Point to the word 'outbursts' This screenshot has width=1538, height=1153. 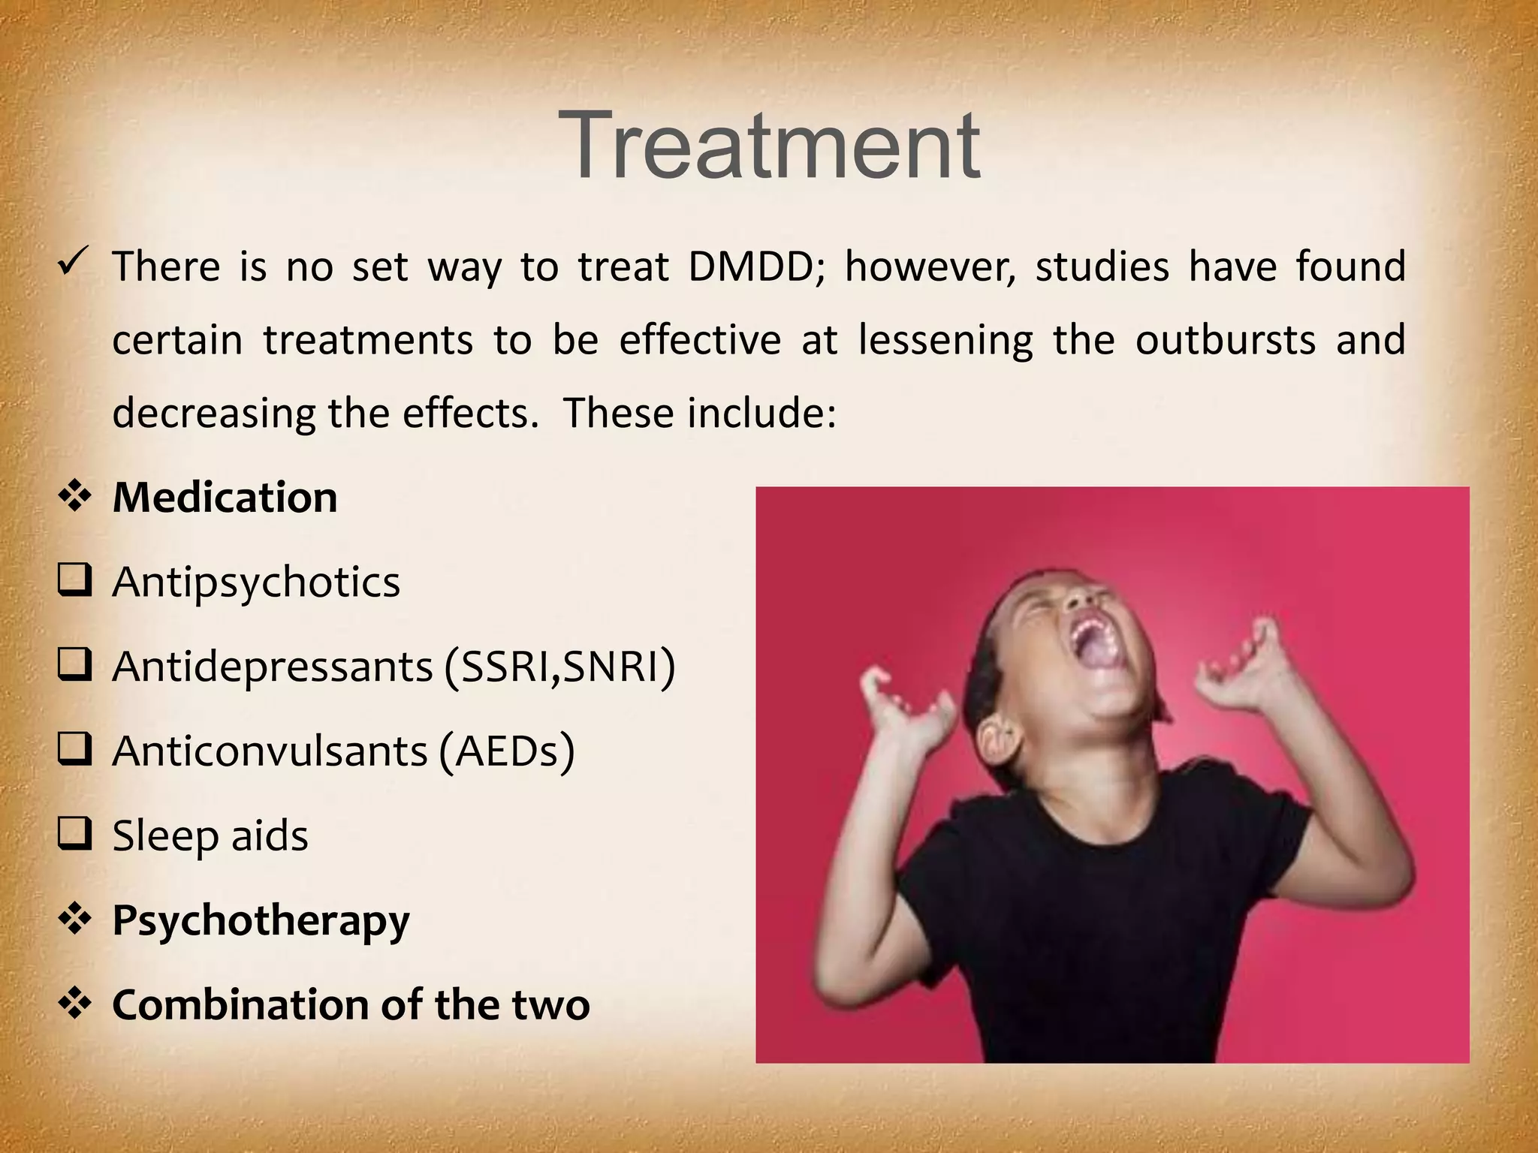coord(1225,340)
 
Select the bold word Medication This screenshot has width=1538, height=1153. coord(225,498)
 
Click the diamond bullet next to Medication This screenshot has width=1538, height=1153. coord(74,498)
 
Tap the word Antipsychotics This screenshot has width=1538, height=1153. coord(256,583)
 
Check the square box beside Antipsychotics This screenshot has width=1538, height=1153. coord(74,582)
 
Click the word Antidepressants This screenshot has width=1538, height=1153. coord(273,667)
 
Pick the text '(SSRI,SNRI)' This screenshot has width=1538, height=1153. coord(559,667)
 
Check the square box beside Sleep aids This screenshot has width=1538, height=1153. coord(74,835)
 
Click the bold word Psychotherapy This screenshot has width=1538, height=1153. coord(261,921)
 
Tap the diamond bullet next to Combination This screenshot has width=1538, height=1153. coord(74,1004)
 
